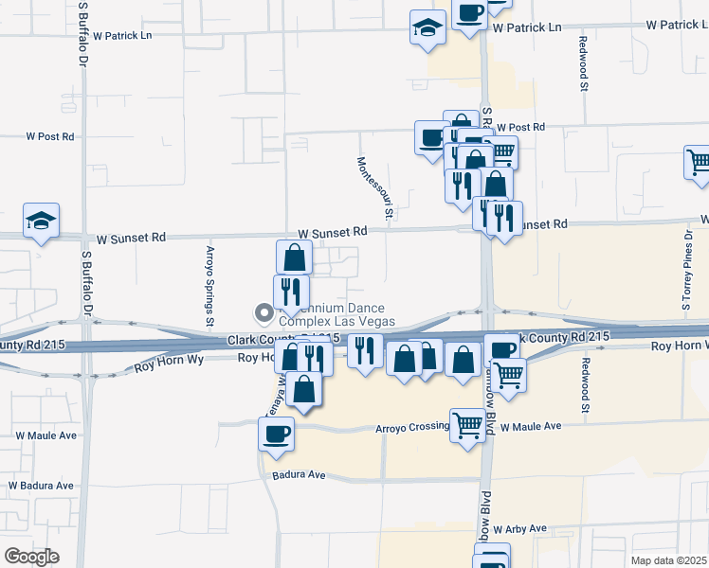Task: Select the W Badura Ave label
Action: (x=41, y=486)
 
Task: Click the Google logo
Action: (x=31, y=557)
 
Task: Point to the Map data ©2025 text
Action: (x=669, y=560)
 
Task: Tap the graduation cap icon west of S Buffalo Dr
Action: (x=42, y=221)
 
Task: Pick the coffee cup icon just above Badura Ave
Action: (x=277, y=434)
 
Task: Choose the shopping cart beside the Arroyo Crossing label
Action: (x=467, y=426)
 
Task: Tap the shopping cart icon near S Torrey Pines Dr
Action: (x=699, y=162)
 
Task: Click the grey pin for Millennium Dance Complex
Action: (x=263, y=311)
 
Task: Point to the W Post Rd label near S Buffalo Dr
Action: (x=50, y=136)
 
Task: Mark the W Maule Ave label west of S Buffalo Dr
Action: (x=45, y=435)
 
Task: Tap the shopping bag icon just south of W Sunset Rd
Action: (x=294, y=257)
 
